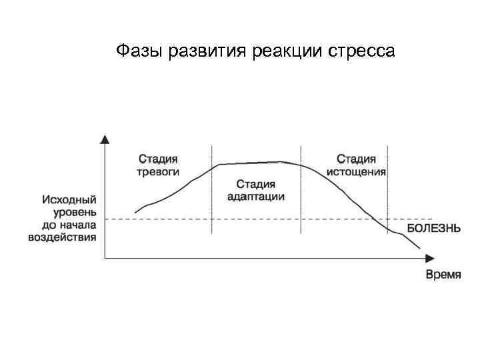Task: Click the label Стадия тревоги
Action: click(x=158, y=165)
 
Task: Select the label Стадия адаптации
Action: click(x=256, y=189)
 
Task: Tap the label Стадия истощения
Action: click(x=356, y=165)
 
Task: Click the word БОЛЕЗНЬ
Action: click(x=433, y=228)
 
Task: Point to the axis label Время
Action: click(x=443, y=275)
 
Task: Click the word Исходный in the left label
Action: click(x=69, y=199)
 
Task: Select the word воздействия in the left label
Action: click(x=62, y=237)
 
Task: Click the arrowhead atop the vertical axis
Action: click(x=105, y=139)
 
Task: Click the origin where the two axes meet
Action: click(x=105, y=258)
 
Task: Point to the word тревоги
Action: click(x=158, y=171)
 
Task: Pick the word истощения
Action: click(x=356, y=171)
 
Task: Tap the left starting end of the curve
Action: click(x=135, y=213)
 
